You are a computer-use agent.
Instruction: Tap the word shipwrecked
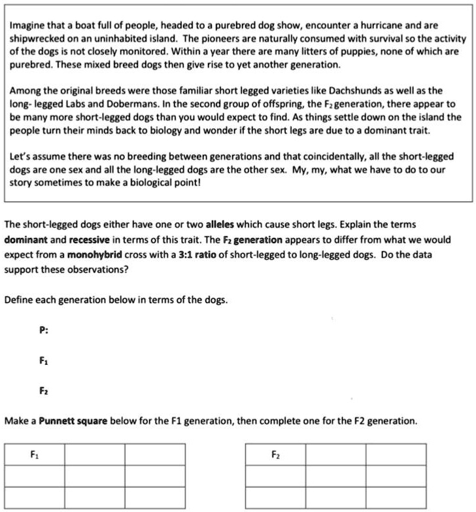coord(36,39)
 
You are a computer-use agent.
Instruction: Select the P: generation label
coord(43,330)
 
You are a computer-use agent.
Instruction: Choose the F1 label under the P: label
coord(43,360)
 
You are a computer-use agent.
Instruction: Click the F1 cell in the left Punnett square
coord(34,454)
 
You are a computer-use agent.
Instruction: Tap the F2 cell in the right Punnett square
coord(275,454)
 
